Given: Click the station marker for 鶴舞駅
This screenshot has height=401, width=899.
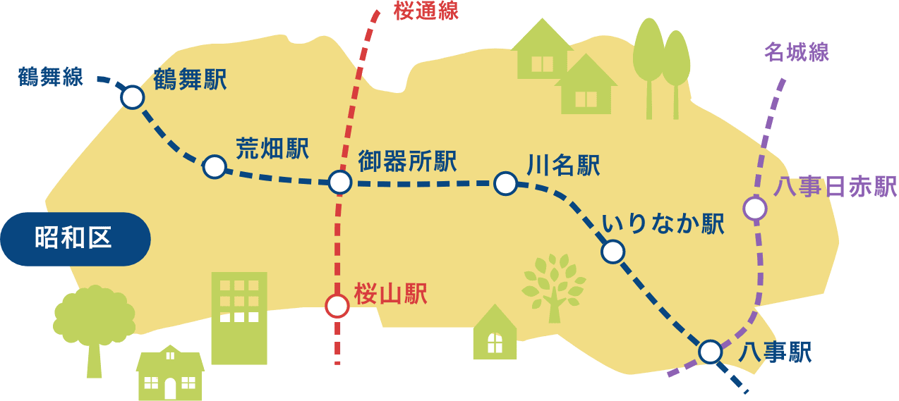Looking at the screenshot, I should click(132, 97).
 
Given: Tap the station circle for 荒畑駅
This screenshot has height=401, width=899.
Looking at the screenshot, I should click(215, 167).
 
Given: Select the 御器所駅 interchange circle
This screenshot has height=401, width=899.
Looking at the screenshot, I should click(340, 182).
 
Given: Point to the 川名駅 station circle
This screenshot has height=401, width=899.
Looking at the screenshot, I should click(505, 183).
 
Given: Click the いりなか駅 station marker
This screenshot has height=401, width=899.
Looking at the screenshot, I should click(613, 251).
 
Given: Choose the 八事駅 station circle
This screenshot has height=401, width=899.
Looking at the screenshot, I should click(710, 350).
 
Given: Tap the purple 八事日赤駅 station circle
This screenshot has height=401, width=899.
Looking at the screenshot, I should click(755, 209).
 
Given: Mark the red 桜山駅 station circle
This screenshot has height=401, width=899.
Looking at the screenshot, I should click(337, 306).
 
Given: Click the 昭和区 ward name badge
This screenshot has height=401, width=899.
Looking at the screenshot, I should click(75, 239).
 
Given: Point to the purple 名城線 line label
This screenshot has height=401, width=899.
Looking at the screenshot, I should click(796, 52).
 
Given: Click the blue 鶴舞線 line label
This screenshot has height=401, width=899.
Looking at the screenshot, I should click(51, 77).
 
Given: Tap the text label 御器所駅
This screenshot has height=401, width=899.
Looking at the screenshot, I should click(407, 161).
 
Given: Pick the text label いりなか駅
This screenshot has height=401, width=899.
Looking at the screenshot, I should click(663, 225).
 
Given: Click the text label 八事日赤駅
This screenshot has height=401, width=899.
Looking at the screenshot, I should click(835, 187).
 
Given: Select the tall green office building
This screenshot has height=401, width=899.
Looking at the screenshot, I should click(239, 317).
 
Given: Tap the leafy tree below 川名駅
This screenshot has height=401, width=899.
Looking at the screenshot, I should click(553, 286).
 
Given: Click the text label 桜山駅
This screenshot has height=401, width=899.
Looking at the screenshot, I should click(391, 295).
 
